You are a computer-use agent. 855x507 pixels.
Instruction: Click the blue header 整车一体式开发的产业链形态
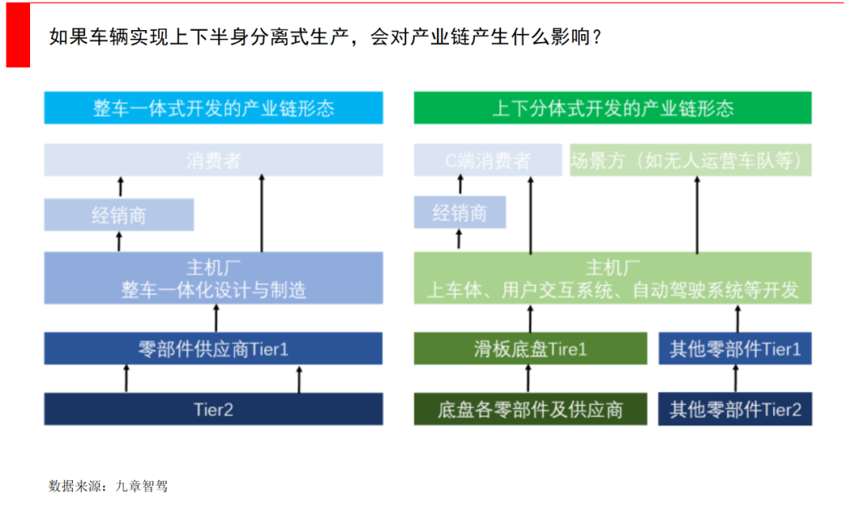pyautogui.click(x=213, y=108)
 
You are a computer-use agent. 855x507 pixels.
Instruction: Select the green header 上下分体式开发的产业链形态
pyautogui.click(x=612, y=108)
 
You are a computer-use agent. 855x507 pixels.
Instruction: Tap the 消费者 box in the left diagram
pyautogui.click(x=213, y=160)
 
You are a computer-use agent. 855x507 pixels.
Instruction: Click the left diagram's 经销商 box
pyautogui.click(x=119, y=215)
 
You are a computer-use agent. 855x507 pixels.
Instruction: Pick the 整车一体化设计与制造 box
pyautogui.click(x=213, y=278)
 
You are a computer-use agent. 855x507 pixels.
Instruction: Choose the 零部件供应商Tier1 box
pyautogui.click(x=213, y=349)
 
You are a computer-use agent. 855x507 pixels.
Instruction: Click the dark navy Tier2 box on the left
pyautogui.click(x=213, y=409)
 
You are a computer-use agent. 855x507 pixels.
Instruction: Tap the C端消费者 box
pyautogui.click(x=487, y=160)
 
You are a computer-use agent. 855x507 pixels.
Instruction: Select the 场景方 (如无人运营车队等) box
pyautogui.click(x=690, y=160)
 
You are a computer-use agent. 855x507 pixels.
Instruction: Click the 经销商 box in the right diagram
pyautogui.click(x=460, y=213)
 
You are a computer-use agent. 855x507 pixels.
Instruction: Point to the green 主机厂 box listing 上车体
pyautogui.click(x=612, y=278)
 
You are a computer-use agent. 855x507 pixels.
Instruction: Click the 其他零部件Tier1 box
pyautogui.click(x=735, y=349)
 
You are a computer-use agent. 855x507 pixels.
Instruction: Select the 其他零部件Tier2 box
pyautogui.click(x=735, y=409)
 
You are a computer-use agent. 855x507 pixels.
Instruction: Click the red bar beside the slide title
pyautogui.click(x=17, y=34)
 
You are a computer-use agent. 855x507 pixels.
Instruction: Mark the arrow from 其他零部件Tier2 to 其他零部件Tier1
pyautogui.click(x=735, y=379)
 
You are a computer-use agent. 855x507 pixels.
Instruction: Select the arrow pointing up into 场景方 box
pyautogui.click(x=697, y=214)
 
